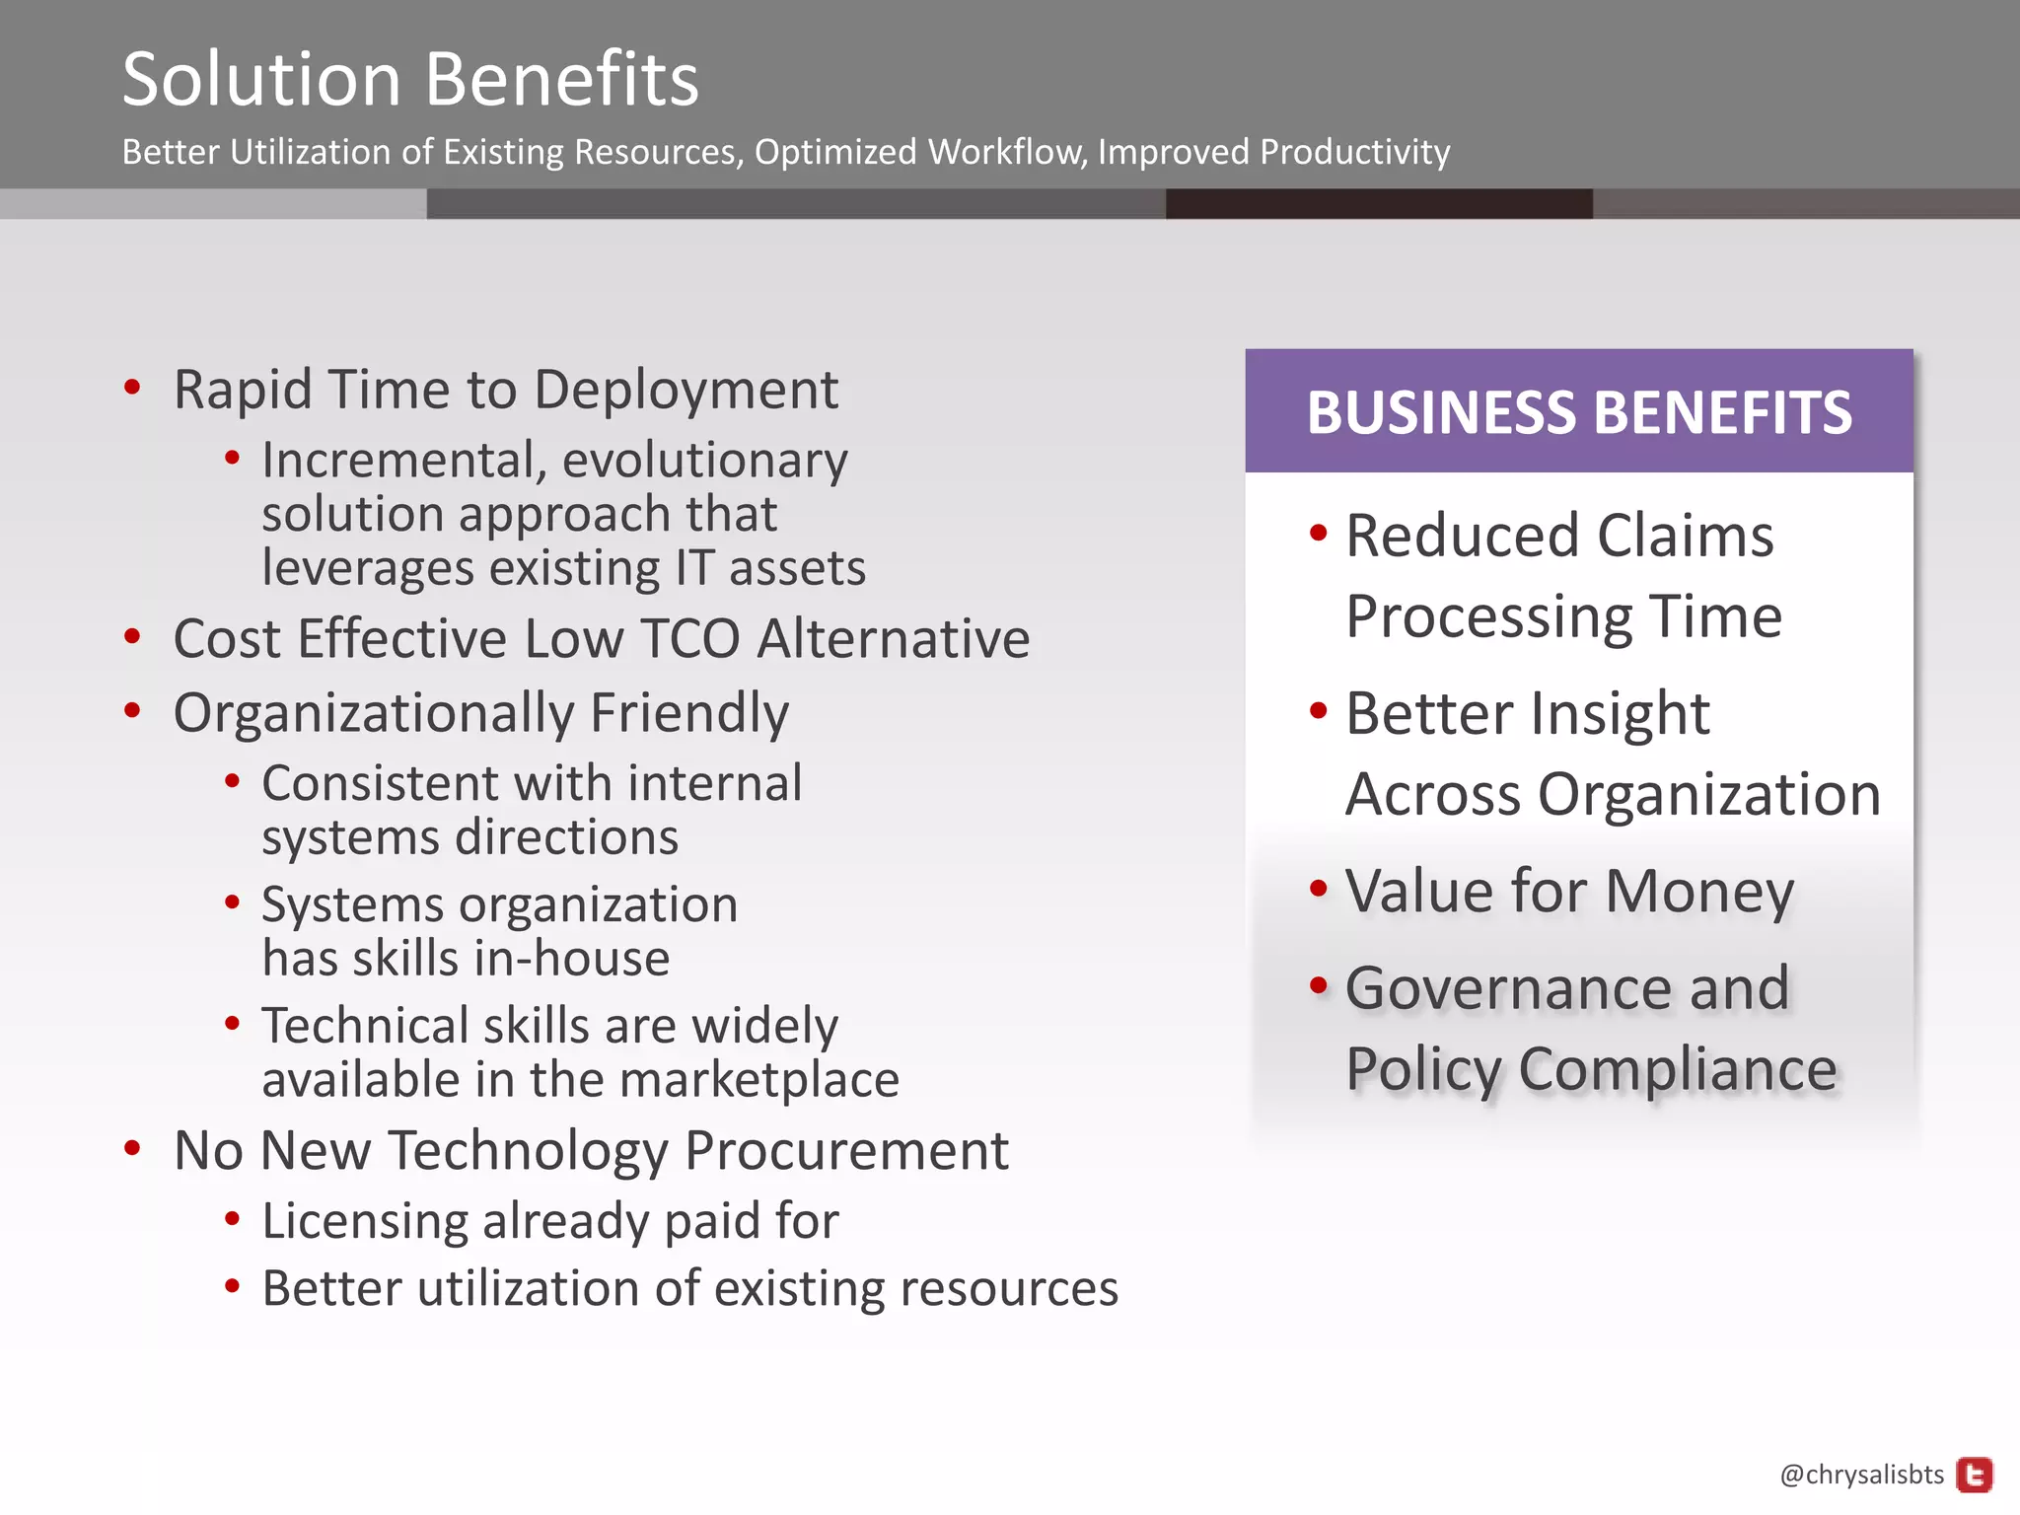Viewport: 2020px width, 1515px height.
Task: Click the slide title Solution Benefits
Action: pyautogui.click(x=410, y=79)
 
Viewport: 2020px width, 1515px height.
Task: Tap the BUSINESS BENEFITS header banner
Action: pyautogui.click(x=1578, y=411)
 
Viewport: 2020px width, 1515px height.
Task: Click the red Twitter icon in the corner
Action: pyautogui.click(x=1975, y=1475)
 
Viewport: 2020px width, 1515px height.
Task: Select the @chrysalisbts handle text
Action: pyautogui.click(x=1861, y=1475)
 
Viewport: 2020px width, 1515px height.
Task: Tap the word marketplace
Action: pyautogui.click(x=758, y=1080)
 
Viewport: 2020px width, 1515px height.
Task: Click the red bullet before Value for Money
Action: pyautogui.click(x=1319, y=889)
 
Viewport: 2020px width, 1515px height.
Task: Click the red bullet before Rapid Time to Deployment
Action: pyautogui.click(x=132, y=387)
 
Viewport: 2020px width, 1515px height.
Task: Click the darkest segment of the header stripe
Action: pyautogui.click(x=1378, y=204)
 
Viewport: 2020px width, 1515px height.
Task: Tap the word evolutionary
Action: pyautogui.click(x=704, y=461)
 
